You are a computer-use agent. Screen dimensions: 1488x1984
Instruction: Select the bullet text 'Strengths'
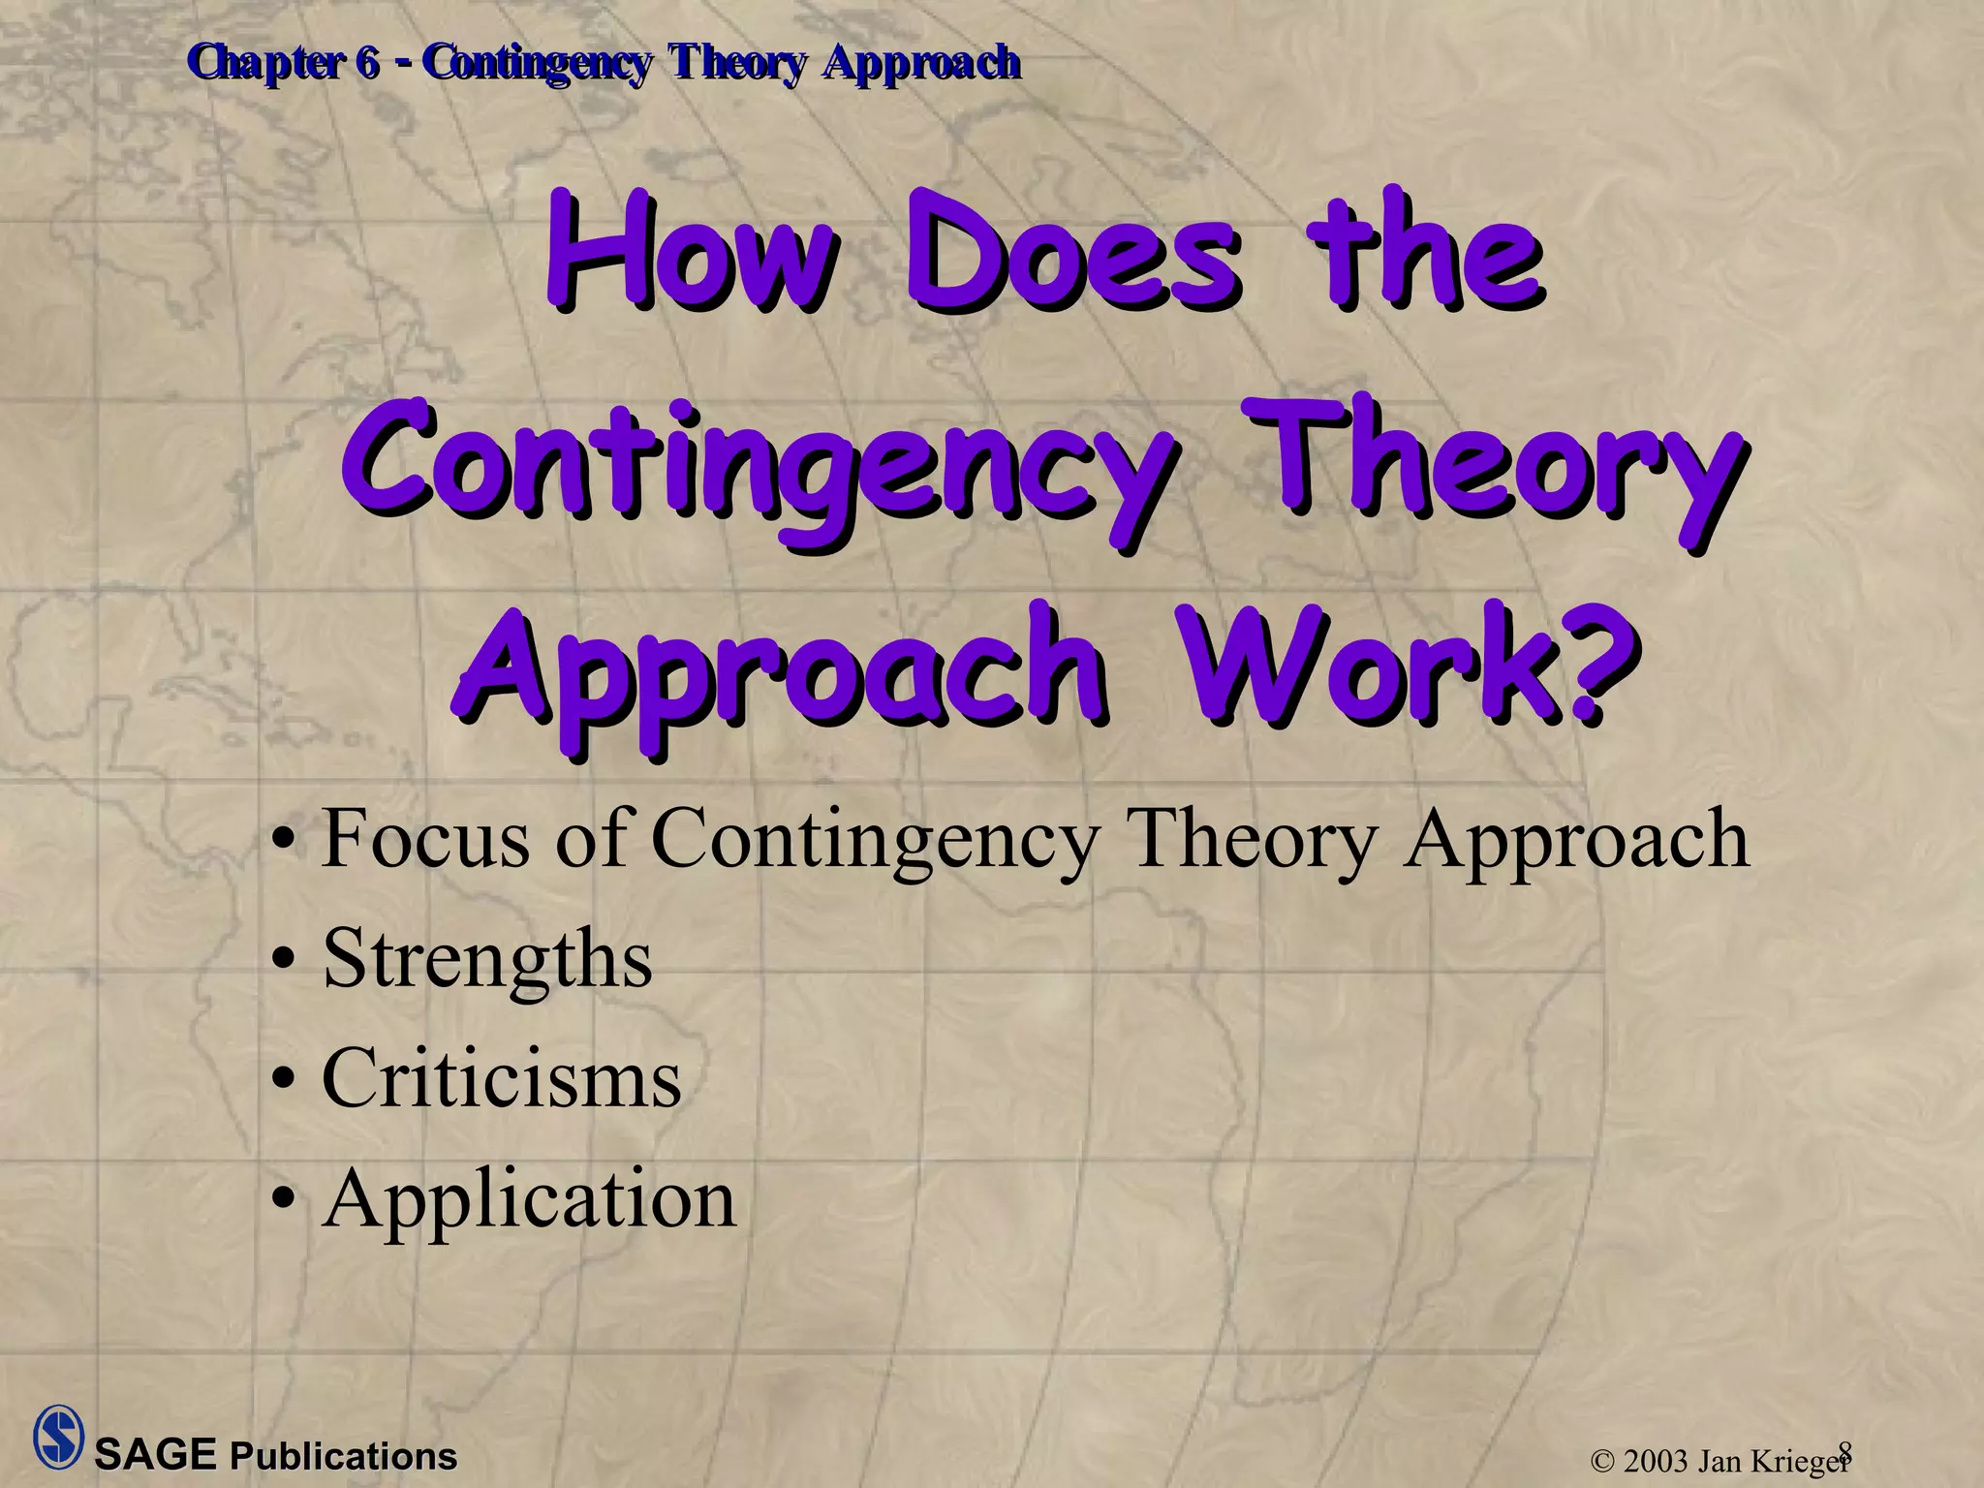point(487,959)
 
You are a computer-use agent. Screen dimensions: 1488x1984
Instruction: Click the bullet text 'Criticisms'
point(501,1079)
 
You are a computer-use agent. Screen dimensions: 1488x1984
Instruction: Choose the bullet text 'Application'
point(529,1199)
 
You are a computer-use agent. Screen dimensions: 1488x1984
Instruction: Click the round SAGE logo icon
point(58,1437)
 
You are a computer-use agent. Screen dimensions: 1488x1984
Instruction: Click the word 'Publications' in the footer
point(343,1457)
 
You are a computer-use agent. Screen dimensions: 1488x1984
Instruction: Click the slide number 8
point(1844,1450)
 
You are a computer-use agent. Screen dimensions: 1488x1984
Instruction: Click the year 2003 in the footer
point(1656,1461)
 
